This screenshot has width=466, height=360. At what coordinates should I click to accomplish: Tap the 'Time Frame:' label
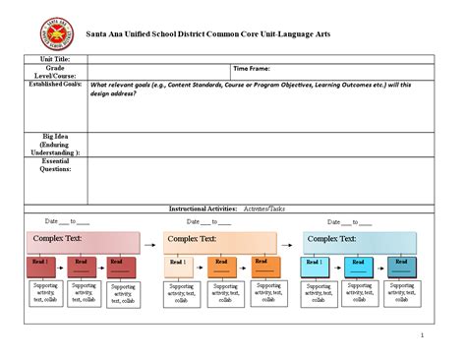click(x=251, y=69)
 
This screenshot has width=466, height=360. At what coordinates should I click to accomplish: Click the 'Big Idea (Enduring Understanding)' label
click(x=55, y=144)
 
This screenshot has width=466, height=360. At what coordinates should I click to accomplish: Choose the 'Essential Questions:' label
click(x=55, y=164)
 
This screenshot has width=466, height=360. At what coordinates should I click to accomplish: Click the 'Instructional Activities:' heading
click(x=203, y=209)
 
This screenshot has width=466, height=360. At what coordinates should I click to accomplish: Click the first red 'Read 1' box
click(x=40, y=266)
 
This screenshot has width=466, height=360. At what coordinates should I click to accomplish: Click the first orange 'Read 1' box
click(x=178, y=266)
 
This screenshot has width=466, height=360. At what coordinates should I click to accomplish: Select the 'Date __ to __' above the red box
click(x=68, y=222)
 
